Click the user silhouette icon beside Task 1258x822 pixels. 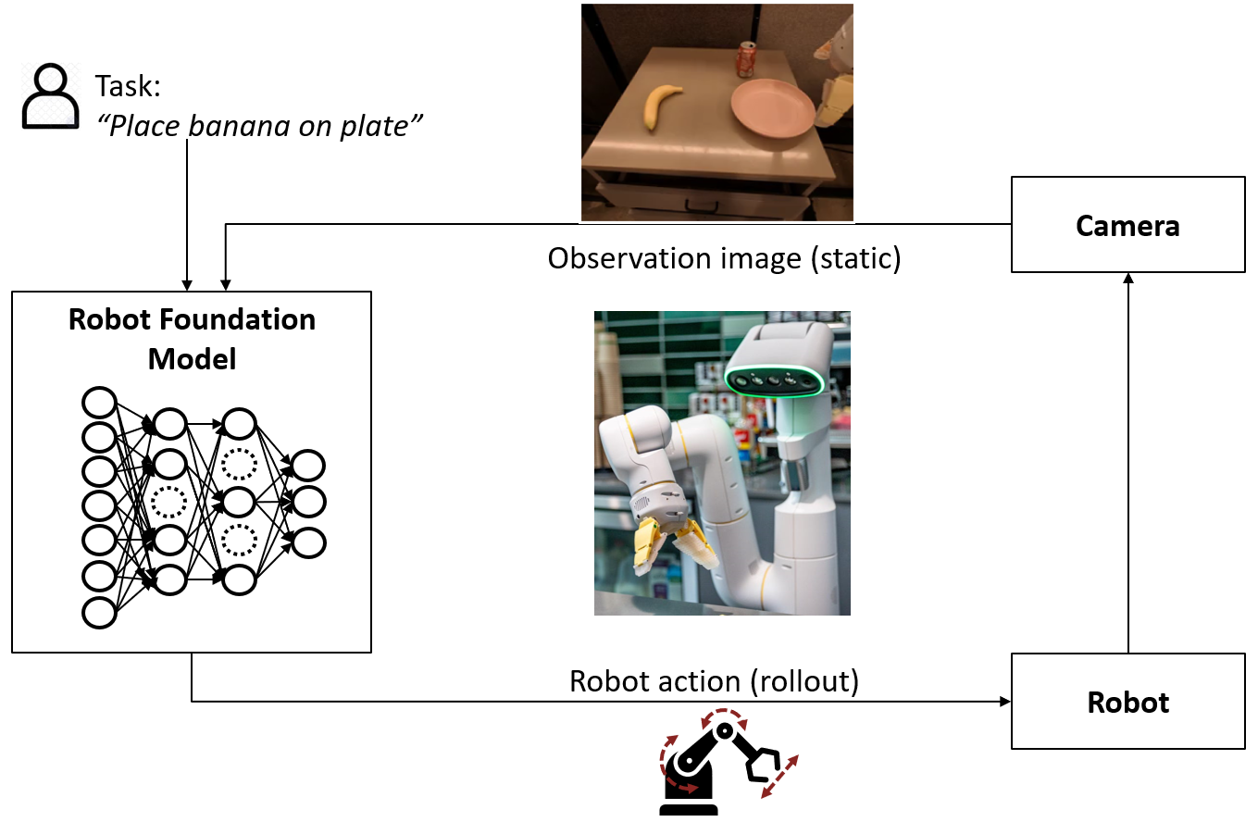[x=50, y=95]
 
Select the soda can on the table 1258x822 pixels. [x=746, y=61]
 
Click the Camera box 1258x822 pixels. [x=1127, y=226]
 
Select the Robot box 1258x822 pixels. [x=1127, y=702]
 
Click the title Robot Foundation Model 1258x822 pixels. [x=193, y=339]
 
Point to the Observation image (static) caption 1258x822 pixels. [x=724, y=257]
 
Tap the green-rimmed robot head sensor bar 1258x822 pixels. [x=774, y=379]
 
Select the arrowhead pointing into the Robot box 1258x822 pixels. [x=1005, y=702]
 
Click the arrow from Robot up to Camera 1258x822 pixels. [x=1127, y=463]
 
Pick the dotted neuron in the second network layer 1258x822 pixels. [x=169, y=502]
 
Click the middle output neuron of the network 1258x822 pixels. [x=309, y=502]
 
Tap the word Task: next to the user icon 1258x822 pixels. [x=128, y=88]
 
